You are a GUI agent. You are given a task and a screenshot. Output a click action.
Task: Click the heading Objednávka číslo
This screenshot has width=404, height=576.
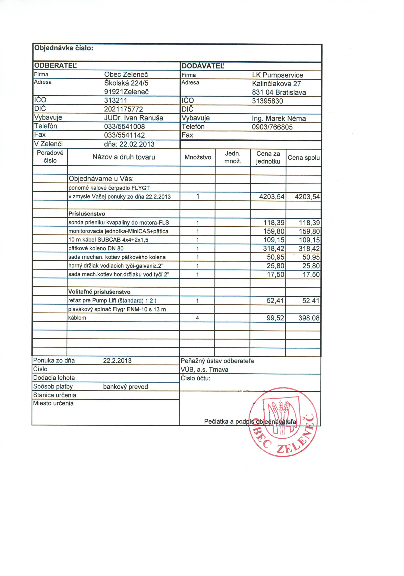[x=64, y=48]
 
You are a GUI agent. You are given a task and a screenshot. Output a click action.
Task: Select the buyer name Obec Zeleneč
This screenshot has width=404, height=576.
[x=126, y=75]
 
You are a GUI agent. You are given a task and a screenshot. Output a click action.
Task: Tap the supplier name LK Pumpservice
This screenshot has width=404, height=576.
[x=277, y=75]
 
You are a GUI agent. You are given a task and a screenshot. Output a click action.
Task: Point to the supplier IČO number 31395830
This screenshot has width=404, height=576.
[x=267, y=101]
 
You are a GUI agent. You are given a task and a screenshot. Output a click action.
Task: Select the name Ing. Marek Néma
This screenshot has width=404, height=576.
[x=279, y=118]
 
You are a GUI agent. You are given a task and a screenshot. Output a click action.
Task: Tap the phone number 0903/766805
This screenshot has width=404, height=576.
[x=272, y=127]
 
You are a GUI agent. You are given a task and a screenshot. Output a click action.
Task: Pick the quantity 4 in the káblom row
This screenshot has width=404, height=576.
[x=197, y=318]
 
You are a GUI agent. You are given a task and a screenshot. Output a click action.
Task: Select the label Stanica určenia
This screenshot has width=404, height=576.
[x=55, y=395]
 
